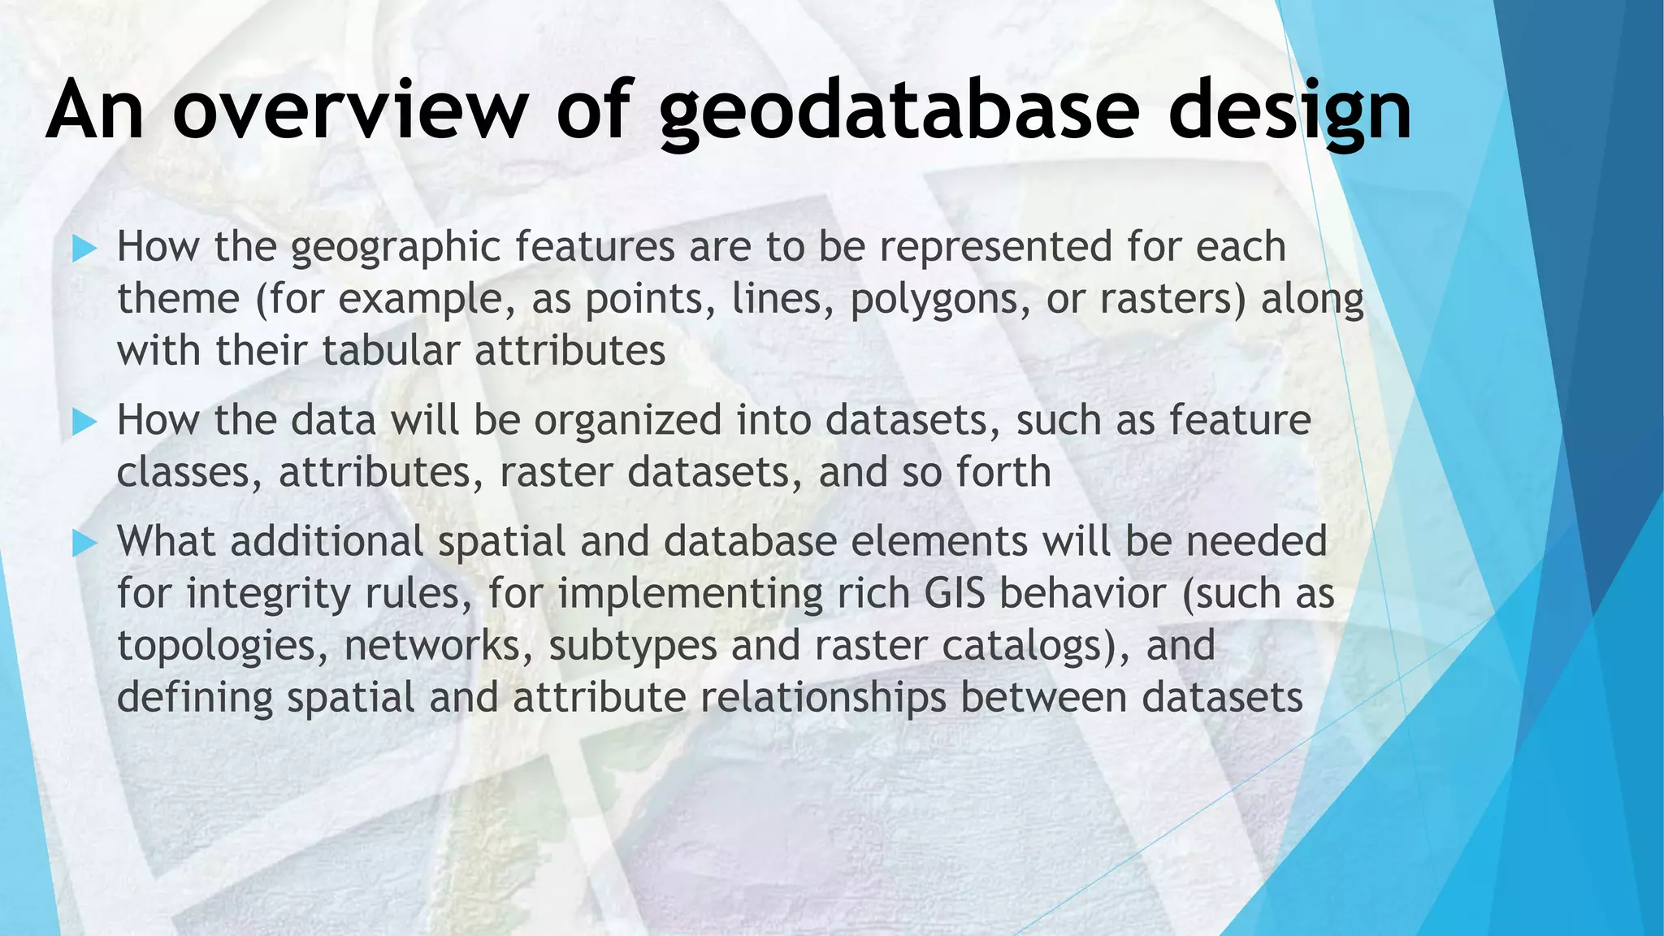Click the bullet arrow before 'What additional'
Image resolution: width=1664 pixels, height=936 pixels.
click(84, 543)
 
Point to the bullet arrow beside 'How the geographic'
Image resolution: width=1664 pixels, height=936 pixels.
click(84, 248)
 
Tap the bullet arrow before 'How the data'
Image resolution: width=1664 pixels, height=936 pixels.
click(84, 421)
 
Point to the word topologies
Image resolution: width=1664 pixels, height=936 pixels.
click(221, 646)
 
